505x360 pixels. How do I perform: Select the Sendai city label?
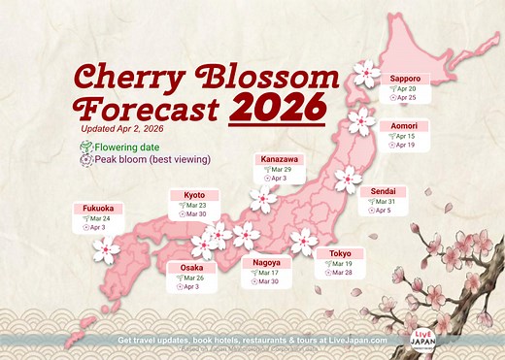[x=381, y=192]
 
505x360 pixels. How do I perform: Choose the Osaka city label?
[x=191, y=267]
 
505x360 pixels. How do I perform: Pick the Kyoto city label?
[x=194, y=195]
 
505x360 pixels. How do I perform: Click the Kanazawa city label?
[x=280, y=159]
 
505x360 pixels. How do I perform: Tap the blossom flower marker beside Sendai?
[x=347, y=180]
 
